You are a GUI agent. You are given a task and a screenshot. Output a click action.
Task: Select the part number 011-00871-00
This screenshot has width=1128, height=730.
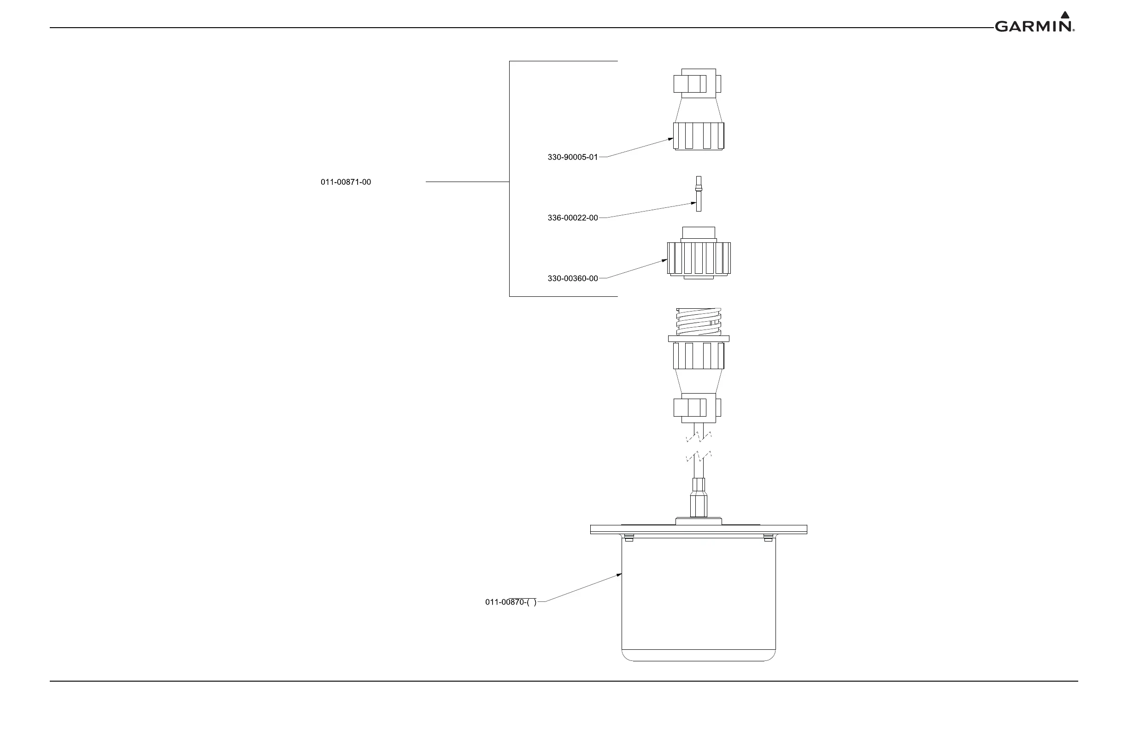pyautogui.click(x=346, y=182)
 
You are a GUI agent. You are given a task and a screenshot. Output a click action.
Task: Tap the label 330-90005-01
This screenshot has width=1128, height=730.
pyautogui.click(x=573, y=157)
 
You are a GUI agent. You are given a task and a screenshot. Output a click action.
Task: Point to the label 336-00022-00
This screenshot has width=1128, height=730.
pyautogui.click(x=573, y=218)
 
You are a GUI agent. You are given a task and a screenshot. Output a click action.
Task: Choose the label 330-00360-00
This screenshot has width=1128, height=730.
pyautogui.click(x=573, y=279)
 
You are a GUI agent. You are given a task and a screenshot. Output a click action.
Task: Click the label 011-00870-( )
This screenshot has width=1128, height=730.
pyautogui.click(x=511, y=602)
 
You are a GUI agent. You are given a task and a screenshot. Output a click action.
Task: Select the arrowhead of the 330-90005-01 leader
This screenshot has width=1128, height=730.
pyautogui.click(x=671, y=139)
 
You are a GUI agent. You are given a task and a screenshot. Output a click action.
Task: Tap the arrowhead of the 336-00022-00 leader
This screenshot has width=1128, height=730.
pyautogui.click(x=694, y=203)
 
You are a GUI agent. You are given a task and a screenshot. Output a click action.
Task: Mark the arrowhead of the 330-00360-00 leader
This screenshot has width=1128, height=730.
pyautogui.click(x=665, y=260)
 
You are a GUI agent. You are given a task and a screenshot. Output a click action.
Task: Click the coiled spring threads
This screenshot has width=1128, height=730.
pyautogui.click(x=699, y=322)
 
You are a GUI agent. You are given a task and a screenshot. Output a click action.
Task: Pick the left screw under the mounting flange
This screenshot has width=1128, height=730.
pyautogui.click(x=629, y=537)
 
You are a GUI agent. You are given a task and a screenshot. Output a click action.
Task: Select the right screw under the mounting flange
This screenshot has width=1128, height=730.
pyautogui.click(x=768, y=537)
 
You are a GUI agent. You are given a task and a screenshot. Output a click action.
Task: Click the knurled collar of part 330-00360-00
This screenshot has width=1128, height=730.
pyautogui.click(x=699, y=259)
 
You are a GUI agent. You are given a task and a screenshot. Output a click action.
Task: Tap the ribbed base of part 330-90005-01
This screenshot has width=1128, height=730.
pyautogui.click(x=699, y=136)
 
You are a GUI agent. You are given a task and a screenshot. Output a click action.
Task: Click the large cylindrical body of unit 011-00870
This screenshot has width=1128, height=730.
pyautogui.click(x=699, y=597)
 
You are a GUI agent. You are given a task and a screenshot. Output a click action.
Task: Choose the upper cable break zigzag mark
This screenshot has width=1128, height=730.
pyautogui.click(x=699, y=436)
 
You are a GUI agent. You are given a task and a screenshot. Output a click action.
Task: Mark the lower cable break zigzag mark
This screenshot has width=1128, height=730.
pyautogui.click(x=699, y=457)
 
